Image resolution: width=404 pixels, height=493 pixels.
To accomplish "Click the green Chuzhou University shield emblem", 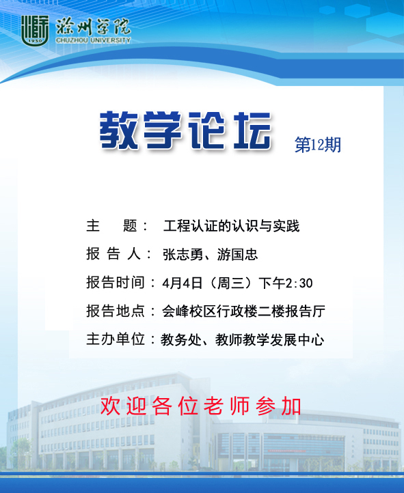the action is (35, 31).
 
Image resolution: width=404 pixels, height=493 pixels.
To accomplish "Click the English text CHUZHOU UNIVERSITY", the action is (93, 40).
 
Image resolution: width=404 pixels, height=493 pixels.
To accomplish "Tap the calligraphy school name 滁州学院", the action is (93, 27).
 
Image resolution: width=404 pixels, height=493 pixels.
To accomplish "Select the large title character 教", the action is (119, 130).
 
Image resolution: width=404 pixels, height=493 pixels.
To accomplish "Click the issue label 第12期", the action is (318, 145).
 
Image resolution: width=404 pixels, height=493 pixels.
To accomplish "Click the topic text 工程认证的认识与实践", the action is (231, 226).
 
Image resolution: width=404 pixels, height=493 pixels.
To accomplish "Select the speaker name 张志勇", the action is (183, 255).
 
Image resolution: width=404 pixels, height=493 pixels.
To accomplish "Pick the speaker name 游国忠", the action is (238, 255).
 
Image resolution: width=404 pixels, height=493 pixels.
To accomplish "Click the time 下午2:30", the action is (285, 283).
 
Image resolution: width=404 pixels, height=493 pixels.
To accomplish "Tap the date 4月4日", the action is (183, 283).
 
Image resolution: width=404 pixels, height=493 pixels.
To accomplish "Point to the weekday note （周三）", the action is (230, 283).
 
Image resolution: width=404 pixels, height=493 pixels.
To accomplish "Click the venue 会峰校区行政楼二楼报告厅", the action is (243, 311).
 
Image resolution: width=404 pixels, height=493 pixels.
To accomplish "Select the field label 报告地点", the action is (116, 311).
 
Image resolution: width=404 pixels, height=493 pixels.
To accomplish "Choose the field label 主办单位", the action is (116, 339).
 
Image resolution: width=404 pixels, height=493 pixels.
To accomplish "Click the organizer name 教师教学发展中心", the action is (269, 340).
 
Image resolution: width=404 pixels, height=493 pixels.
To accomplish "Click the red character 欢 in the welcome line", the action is (110, 406).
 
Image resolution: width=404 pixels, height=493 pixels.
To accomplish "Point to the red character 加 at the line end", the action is (291, 406).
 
